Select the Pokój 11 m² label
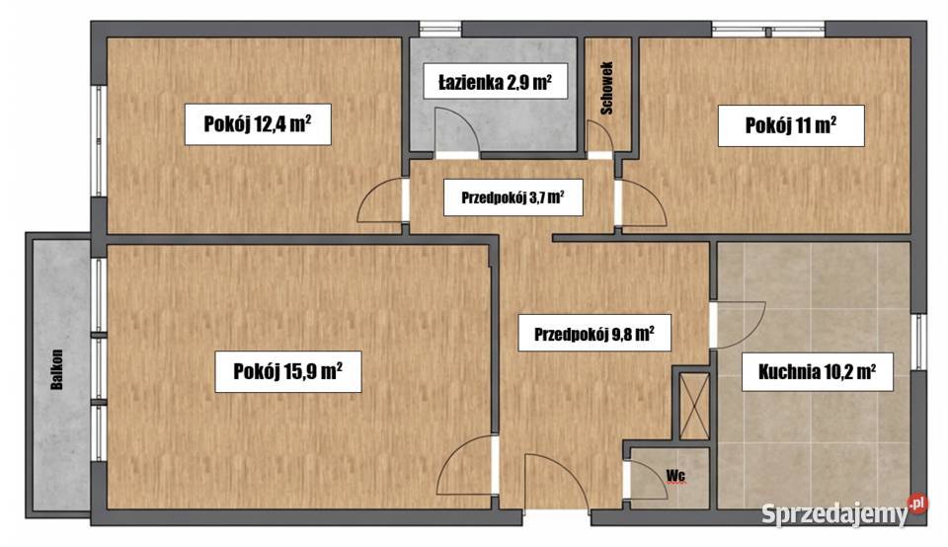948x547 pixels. [x=792, y=125]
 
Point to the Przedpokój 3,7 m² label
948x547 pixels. [x=513, y=197]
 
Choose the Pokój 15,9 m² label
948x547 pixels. [x=287, y=371]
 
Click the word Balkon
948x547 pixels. [x=60, y=370]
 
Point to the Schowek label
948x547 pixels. [x=605, y=87]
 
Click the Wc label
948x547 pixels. [x=675, y=475]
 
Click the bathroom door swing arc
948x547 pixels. [x=455, y=133]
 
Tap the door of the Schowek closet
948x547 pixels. [x=598, y=137]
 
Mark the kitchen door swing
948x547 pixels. [x=739, y=322]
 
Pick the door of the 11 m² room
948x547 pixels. [x=641, y=205]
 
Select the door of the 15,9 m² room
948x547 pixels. [x=467, y=463]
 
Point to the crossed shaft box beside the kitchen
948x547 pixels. [x=690, y=403]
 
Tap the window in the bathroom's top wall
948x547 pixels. [x=439, y=30]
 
